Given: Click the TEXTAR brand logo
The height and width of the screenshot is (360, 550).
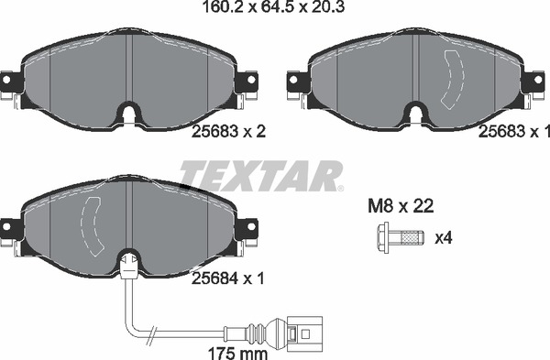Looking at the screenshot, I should pos(260,174).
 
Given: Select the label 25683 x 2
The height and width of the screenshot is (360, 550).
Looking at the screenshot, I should pos(230,132).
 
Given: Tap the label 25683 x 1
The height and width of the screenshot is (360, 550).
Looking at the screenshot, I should pos(514,132).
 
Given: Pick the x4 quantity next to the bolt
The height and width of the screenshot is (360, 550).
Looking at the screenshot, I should pos(444,239).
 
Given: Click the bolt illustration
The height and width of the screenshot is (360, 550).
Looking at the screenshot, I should pos(399,239).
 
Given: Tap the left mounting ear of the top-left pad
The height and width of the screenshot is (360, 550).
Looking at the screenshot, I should pos(11,85).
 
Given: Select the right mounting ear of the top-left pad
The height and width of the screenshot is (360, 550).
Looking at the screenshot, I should pos(247,85).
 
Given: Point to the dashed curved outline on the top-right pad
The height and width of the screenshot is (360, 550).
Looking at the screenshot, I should pos(451,78).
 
